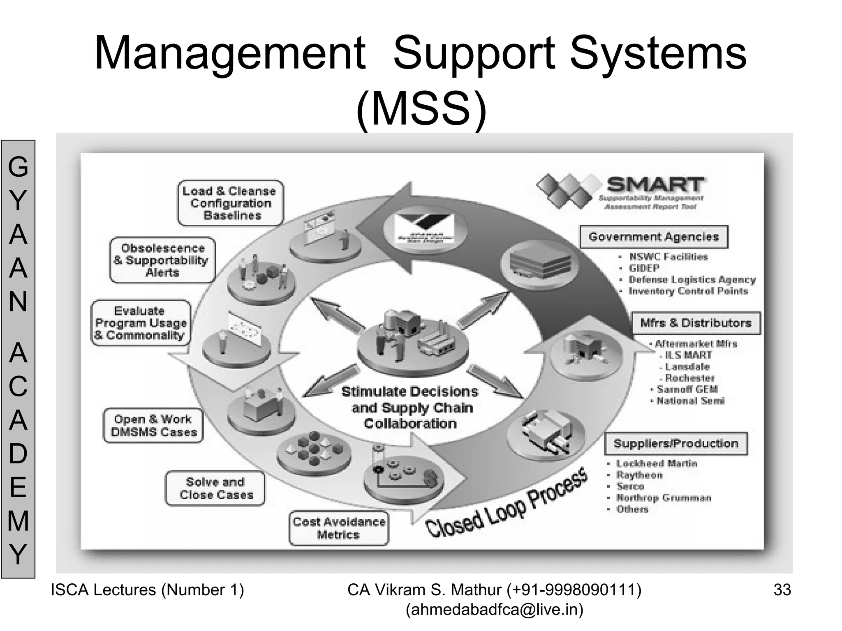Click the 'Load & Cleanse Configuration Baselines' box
[x=231, y=203]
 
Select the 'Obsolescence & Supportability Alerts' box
[x=162, y=260]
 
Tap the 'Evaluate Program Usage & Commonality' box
[x=141, y=323]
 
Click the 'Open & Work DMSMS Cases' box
[x=153, y=426]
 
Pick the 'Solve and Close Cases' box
[x=215, y=488]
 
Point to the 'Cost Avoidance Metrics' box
[x=339, y=528]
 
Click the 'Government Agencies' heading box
[x=654, y=237]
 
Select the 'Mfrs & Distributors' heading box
[x=696, y=323]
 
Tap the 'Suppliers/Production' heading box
[x=675, y=443]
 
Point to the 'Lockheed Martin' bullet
[x=657, y=463]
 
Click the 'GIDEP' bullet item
[x=644, y=268]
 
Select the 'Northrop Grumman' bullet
[x=664, y=498]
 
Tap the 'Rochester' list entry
[x=689, y=378]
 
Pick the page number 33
[x=782, y=590]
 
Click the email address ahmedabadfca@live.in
[x=494, y=610]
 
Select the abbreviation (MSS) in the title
[x=421, y=109]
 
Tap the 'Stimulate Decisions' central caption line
[x=409, y=391]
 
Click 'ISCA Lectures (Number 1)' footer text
[x=147, y=590]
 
